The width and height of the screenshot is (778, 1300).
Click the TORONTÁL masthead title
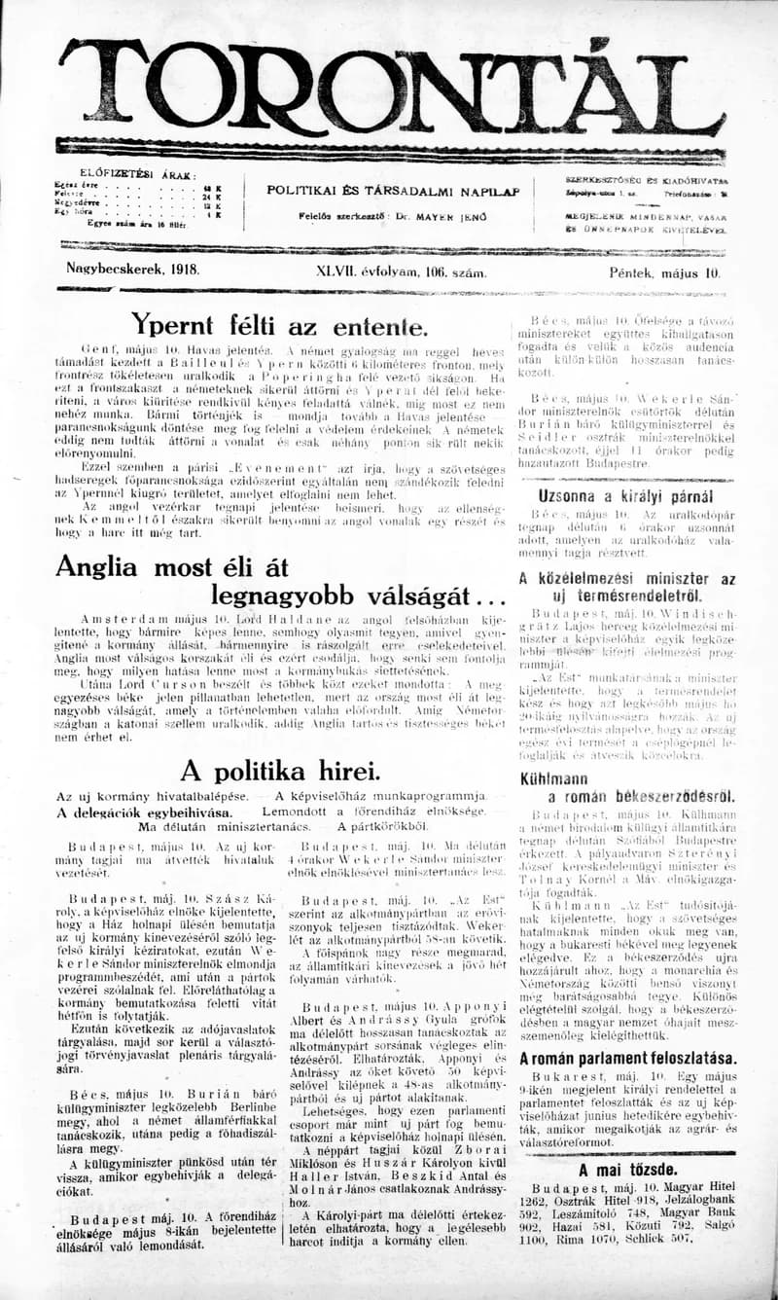(x=389, y=90)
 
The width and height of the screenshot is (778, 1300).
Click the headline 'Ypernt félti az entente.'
(x=278, y=324)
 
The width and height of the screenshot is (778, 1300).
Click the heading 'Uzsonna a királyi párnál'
(x=624, y=494)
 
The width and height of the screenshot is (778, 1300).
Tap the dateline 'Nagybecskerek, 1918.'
(x=132, y=271)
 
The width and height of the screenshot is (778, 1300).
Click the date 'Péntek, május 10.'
(x=666, y=272)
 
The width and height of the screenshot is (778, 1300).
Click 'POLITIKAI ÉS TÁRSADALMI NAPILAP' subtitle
(x=393, y=191)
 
